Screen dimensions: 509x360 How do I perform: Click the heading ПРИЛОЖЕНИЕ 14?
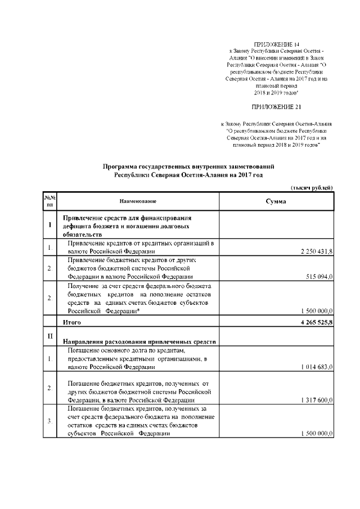[273, 44]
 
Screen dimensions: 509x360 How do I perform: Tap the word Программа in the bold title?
[122, 167]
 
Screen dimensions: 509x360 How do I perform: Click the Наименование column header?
[138, 201]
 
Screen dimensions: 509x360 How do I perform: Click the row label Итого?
[72, 323]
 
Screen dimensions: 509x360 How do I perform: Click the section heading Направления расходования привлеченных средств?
[139, 341]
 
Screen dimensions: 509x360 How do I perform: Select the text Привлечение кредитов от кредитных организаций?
[138, 243]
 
